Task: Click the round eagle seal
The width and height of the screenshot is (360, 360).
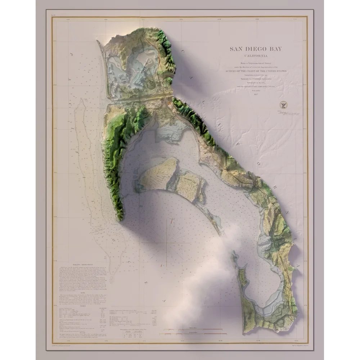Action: pyautogui.click(x=283, y=105)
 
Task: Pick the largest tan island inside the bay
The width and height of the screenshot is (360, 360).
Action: pyautogui.click(x=158, y=175)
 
